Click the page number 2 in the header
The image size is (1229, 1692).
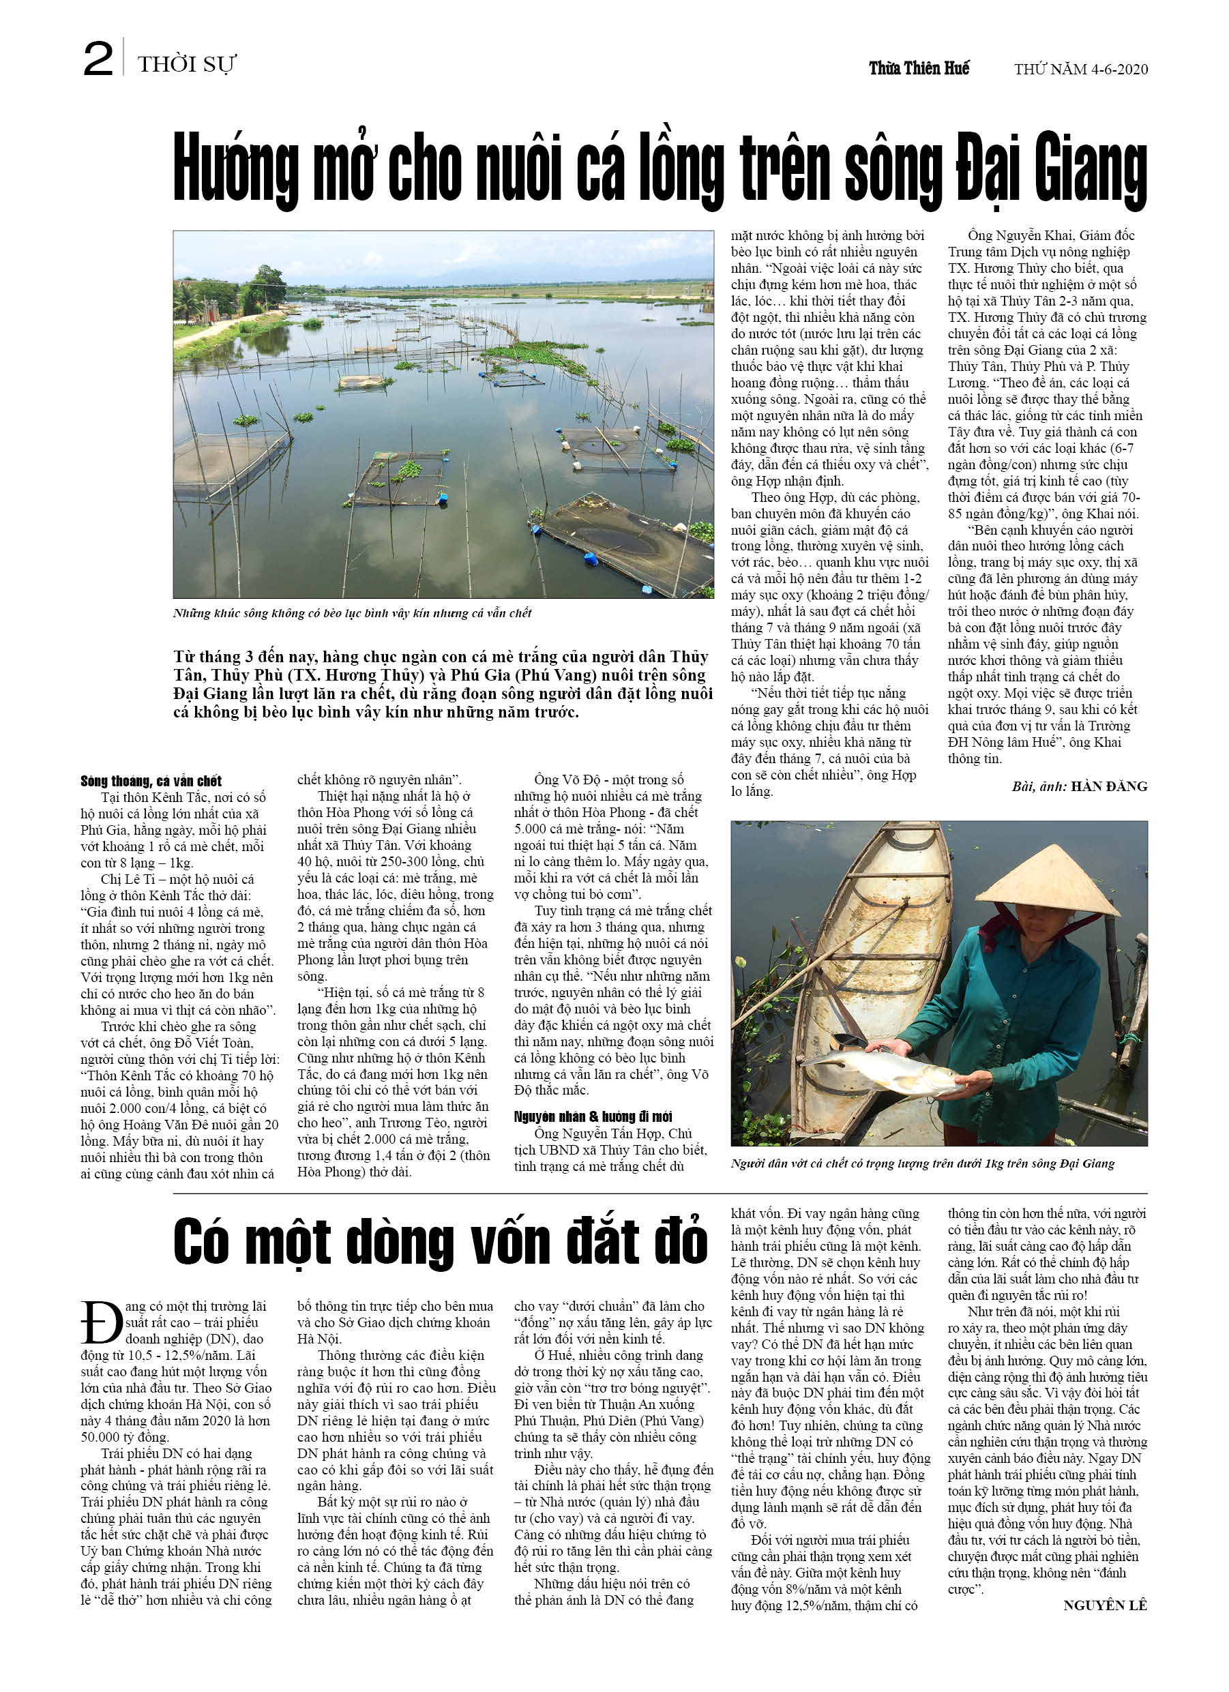98,60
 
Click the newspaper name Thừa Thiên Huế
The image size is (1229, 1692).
919,69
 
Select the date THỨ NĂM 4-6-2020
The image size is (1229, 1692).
1080,70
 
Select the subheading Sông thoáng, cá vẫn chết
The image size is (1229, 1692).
151,781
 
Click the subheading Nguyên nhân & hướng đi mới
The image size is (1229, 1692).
593,1116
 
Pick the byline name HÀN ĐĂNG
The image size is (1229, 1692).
1109,786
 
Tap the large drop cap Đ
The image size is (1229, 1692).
102,1324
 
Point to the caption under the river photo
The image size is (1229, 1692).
352,613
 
